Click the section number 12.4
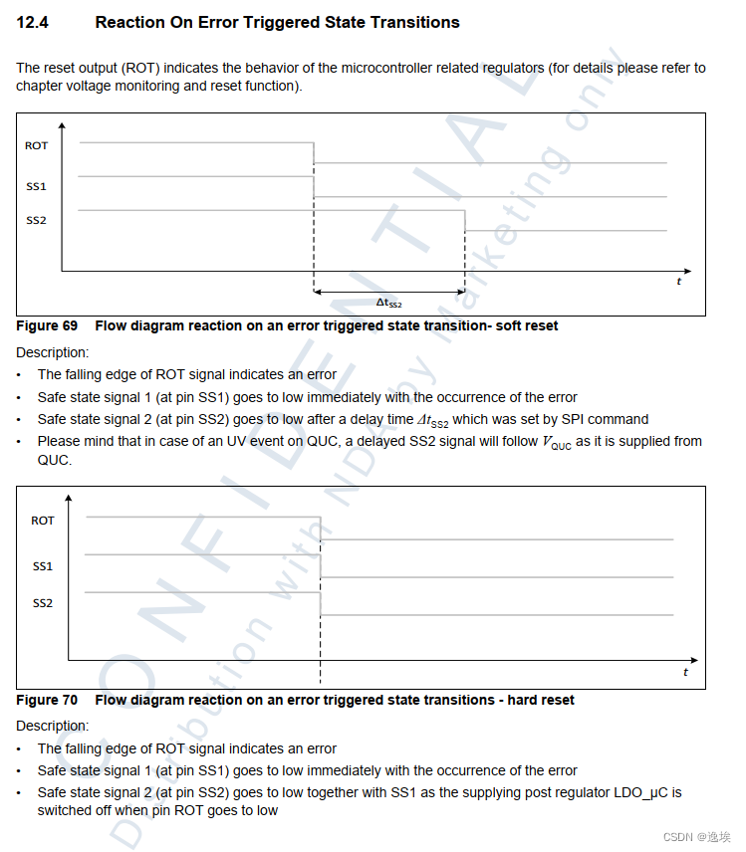coord(34,22)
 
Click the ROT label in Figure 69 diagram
coord(36,145)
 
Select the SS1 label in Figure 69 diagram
coord(36,186)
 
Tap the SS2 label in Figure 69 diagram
coord(36,220)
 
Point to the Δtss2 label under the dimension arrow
coord(388,303)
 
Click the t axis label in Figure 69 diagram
coord(679,282)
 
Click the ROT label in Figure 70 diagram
coord(43,521)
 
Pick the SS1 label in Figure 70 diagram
coord(43,566)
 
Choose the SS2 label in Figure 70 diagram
coord(43,603)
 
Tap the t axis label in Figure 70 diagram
coord(685,673)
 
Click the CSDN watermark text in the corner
coord(698,837)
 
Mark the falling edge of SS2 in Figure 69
coord(465,220)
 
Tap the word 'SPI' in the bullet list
coord(564,419)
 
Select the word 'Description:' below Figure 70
coord(52,726)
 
